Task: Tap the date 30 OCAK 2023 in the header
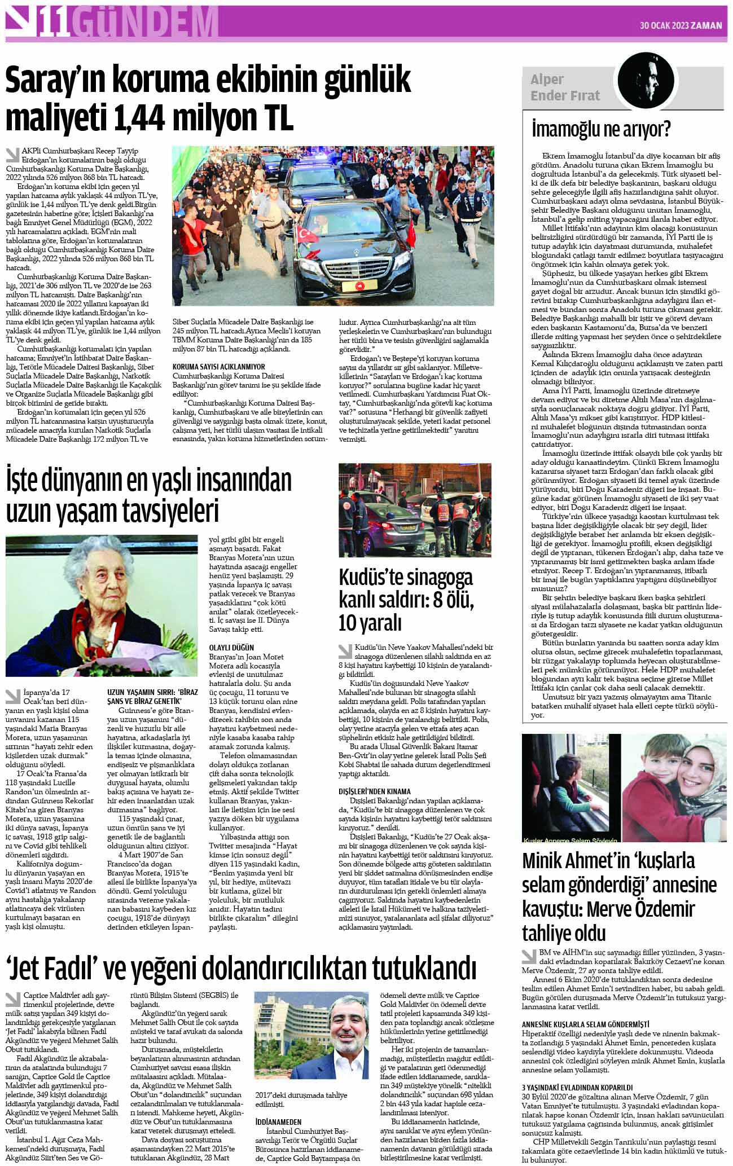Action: click(665, 25)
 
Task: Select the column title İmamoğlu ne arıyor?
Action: click(601, 130)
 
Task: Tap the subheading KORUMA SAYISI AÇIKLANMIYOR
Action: click(219, 367)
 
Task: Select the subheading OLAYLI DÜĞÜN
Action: click(231, 648)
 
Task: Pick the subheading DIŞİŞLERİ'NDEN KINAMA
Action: click(375, 791)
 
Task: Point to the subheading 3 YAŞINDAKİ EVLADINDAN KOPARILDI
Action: click(577, 1087)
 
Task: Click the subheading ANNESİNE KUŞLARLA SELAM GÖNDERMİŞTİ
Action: click(585, 1023)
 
